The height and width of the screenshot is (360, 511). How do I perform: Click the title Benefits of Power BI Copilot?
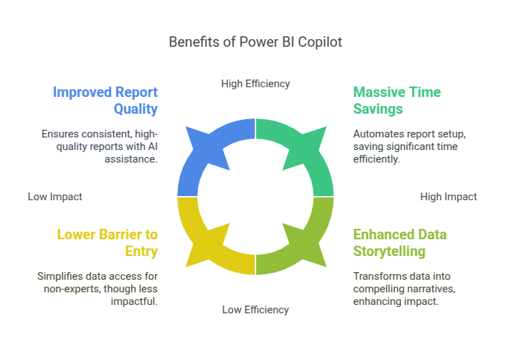pyautogui.click(x=256, y=42)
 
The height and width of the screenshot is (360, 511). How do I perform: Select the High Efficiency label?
pyautogui.click(x=256, y=84)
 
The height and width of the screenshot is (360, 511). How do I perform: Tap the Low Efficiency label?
pyautogui.click(x=256, y=310)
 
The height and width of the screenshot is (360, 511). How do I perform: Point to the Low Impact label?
pyautogui.click(x=55, y=197)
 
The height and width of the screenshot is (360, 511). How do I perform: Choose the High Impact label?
pyautogui.click(x=448, y=197)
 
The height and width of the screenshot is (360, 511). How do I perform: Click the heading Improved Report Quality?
pyautogui.click(x=106, y=100)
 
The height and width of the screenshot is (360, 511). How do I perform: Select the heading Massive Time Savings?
pyautogui.click(x=397, y=100)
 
